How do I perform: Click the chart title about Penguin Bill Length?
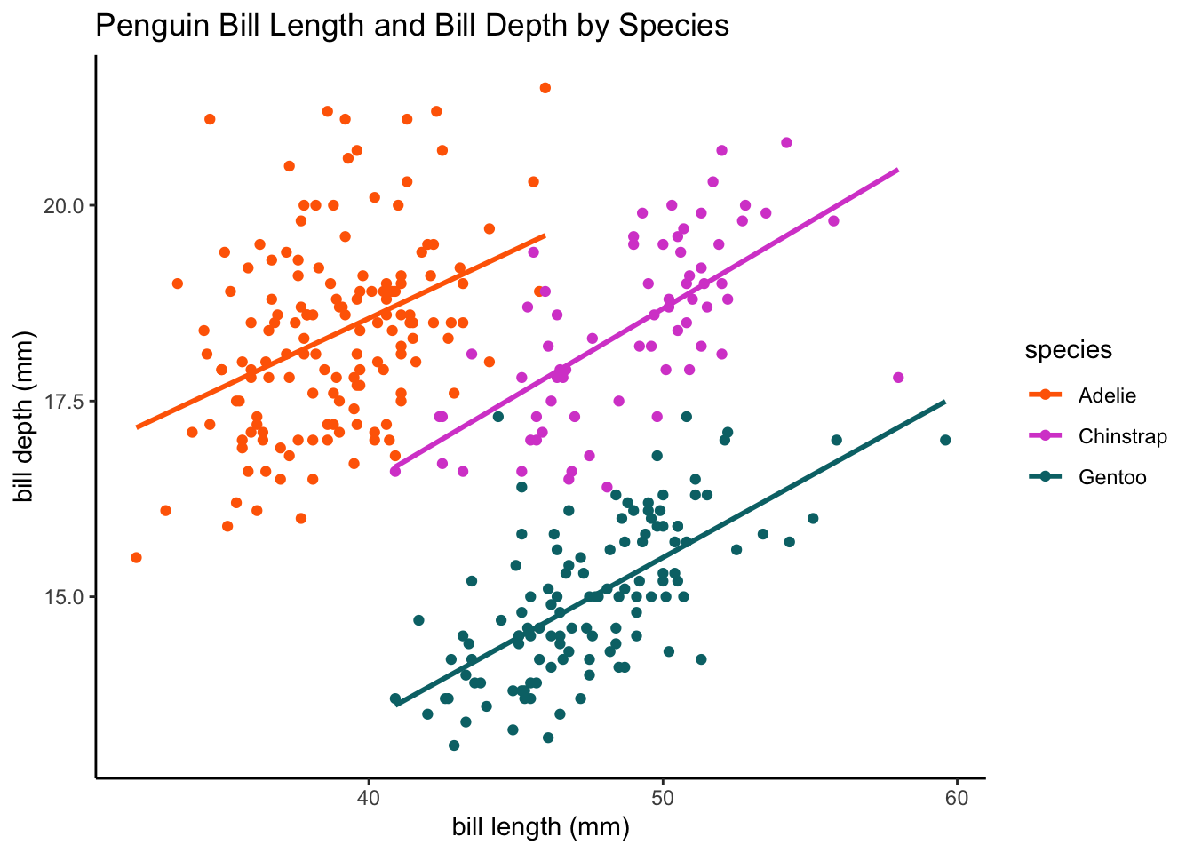pyautogui.click(x=412, y=26)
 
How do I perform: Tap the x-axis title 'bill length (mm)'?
pyautogui.click(x=541, y=827)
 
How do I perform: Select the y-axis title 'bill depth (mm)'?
pyautogui.click(x=24, y=417)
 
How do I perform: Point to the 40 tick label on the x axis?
pyautogui.click(x=369, y=798)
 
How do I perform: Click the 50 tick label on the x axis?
pyautogui.click(x=663, y=798)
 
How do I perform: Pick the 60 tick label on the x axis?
pyautogui.click(x=957, y=798)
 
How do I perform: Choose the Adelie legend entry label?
pyautogui.click(x=1107, y=395)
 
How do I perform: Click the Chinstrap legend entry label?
pyautogui.click(x=1123, y=436)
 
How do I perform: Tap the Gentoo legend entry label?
pyautogui.click(x=1112, y=477)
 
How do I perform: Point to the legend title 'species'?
pyautogui.click(x=1068, y=350)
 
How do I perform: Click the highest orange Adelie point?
pyautogui.click(x=545, y=88)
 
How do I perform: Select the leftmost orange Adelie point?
pyautogui.click(x=136, y=558)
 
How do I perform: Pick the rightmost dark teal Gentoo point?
pyautogui.click(x=945, y=441)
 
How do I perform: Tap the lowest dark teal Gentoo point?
pyautogui.click(x=454, y=745)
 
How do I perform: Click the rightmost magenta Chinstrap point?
pyautogui.click(x=898, y=378)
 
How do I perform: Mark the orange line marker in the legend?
pyautogui.click(x=1046, y=395)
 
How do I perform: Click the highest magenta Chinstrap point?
pyautogui.click(x=786, y=142)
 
